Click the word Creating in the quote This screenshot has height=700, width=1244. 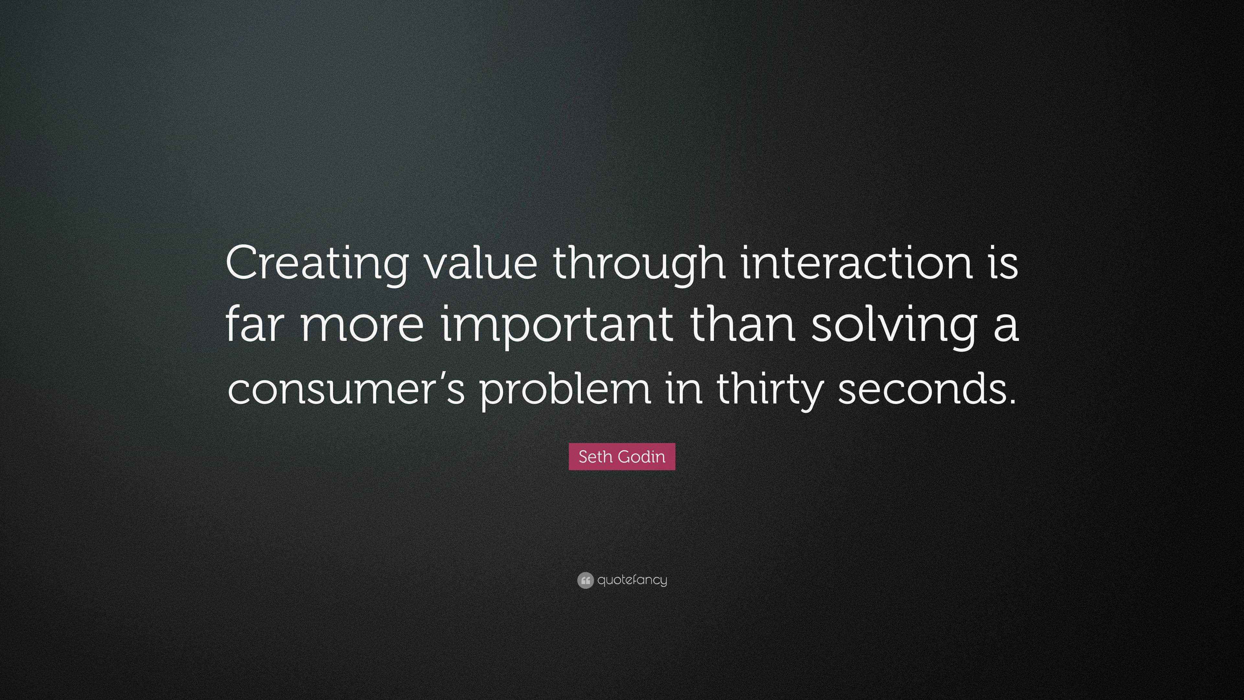point(316,266)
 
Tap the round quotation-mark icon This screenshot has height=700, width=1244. point(585,580)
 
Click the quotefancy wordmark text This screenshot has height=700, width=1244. point(632,580)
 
